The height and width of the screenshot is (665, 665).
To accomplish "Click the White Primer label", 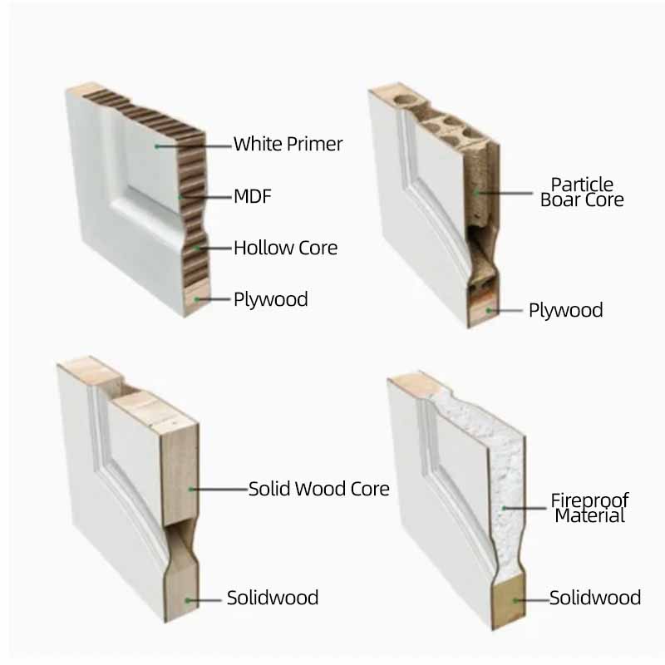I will [x=288, y=144].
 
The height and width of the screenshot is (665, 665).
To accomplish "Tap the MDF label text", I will [x=252, y=197].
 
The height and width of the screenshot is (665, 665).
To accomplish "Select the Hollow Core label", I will [x=285, y=248].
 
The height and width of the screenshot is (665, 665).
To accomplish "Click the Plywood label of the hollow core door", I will [x=270, y=299].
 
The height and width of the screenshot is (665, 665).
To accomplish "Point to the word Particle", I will [x=582, y=184].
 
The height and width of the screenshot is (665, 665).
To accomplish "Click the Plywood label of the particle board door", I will [x=565, y=311].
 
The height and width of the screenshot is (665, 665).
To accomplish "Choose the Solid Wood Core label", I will [x=319, y=489].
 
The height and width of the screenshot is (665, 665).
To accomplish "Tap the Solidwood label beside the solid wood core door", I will [x=273, y=598].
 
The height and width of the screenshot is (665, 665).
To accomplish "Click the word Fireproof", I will [x=589, y=500].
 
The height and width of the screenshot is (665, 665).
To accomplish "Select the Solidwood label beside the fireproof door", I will [x=595, y=598].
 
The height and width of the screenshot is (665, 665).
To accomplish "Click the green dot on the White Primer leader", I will [x=155, y=145].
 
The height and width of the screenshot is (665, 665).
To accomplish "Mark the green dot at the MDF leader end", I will [x=181, y=197].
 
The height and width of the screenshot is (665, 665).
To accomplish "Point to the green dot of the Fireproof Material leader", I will [x=504, y=508].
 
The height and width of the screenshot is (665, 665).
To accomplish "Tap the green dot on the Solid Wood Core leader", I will [x=190, y=489].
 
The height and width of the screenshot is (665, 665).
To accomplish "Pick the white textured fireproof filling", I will [x=499, y=465].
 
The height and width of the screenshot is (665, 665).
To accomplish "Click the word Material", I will [x=589, y=516].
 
